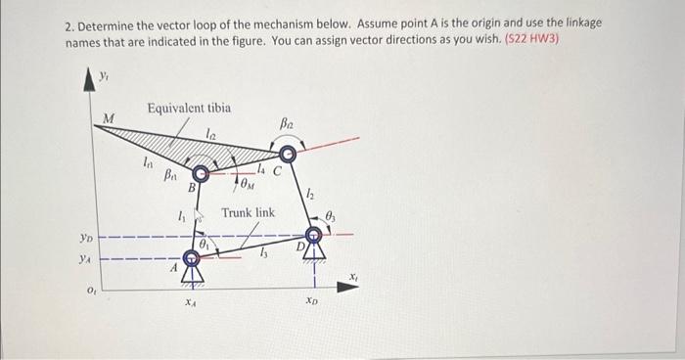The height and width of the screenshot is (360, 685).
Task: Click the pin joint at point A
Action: (x=192, y=259)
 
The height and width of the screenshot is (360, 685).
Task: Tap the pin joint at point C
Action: (x=285, y=154)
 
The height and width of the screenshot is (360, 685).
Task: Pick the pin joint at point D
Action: (x=314, y=235)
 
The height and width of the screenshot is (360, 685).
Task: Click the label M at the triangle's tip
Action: (x=109, y=118)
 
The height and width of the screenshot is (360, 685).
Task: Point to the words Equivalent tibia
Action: (x=189, y=108)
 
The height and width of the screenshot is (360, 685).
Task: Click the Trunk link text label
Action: (x=248, y=212)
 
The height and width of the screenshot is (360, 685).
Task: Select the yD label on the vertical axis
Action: (x=87, y=237)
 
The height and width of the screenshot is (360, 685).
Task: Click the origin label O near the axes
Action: (x=89, y=290)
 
